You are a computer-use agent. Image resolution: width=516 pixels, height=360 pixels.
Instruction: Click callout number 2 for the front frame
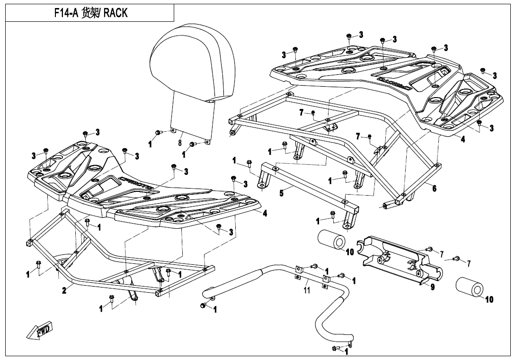(64, 290)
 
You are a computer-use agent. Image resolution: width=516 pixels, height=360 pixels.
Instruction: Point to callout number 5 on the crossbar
(281, 193)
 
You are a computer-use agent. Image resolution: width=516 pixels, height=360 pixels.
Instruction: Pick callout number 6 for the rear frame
(434, 188)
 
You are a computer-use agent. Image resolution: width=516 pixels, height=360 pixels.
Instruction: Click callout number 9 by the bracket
(432, 286)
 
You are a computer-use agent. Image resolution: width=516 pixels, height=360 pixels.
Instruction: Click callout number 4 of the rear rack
(463, 139)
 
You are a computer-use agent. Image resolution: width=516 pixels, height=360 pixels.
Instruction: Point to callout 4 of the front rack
(265, 213)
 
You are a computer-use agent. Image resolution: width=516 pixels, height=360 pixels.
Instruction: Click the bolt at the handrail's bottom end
(336, 349)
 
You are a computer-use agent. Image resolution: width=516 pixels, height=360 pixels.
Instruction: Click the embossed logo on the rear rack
(393, 83)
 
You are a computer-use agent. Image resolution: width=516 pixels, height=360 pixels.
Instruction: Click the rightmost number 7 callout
(469, 263)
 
